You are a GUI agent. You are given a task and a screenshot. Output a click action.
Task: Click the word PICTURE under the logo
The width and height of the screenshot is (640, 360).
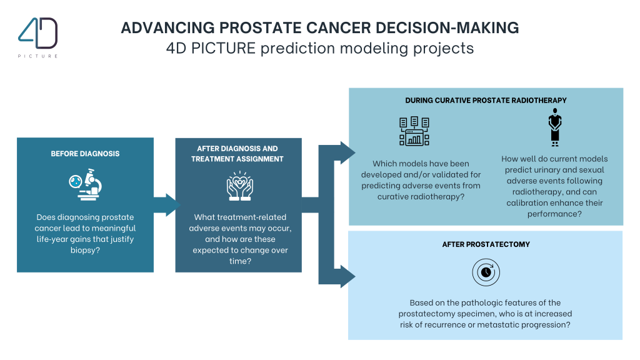point(38,56)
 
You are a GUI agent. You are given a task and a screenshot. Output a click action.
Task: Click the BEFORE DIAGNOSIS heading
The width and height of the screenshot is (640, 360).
point(85,154)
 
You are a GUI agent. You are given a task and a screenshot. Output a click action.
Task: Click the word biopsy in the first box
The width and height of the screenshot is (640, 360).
point(85,251)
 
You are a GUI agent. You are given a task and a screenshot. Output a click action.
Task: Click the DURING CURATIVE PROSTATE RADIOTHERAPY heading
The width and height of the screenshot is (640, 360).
point(486,100)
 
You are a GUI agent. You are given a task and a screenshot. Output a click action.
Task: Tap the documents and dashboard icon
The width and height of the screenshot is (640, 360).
point(414,131)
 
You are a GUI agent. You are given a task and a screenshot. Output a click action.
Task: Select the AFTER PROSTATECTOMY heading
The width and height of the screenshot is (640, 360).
point(486,244)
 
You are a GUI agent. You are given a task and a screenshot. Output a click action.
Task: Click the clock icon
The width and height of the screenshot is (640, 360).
point(486,273)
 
